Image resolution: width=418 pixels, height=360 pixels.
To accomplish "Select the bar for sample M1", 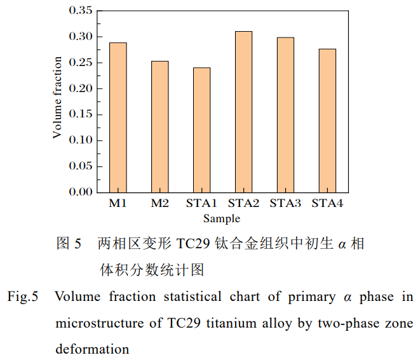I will pos(118,117).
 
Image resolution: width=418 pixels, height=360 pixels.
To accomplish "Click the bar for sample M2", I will pos(160,126).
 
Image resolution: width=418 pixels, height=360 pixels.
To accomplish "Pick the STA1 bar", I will pos(202,130).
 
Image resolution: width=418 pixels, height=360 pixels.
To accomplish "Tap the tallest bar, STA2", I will pos(243,112).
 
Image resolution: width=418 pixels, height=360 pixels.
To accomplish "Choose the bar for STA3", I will pos(285,115).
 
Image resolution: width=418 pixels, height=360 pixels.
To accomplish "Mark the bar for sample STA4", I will pos(327,121).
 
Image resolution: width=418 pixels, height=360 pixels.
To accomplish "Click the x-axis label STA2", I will pos(244,204).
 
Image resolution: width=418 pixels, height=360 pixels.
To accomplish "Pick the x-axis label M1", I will pos(118,204).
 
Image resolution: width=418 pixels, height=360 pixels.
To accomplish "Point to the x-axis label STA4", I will pos(327,204).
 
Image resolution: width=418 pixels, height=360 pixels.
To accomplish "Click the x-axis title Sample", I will pos(222,218).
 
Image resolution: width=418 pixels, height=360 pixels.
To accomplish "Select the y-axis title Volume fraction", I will pos(57,98).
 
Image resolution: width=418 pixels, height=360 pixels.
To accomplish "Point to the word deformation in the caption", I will pos(91,349).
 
